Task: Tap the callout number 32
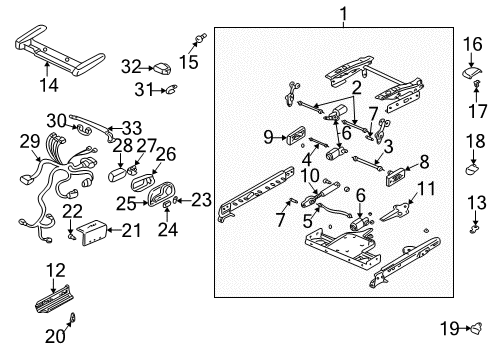tap(130, 67)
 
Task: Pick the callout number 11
tap(426, 187)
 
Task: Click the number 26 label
tap(166, 153)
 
